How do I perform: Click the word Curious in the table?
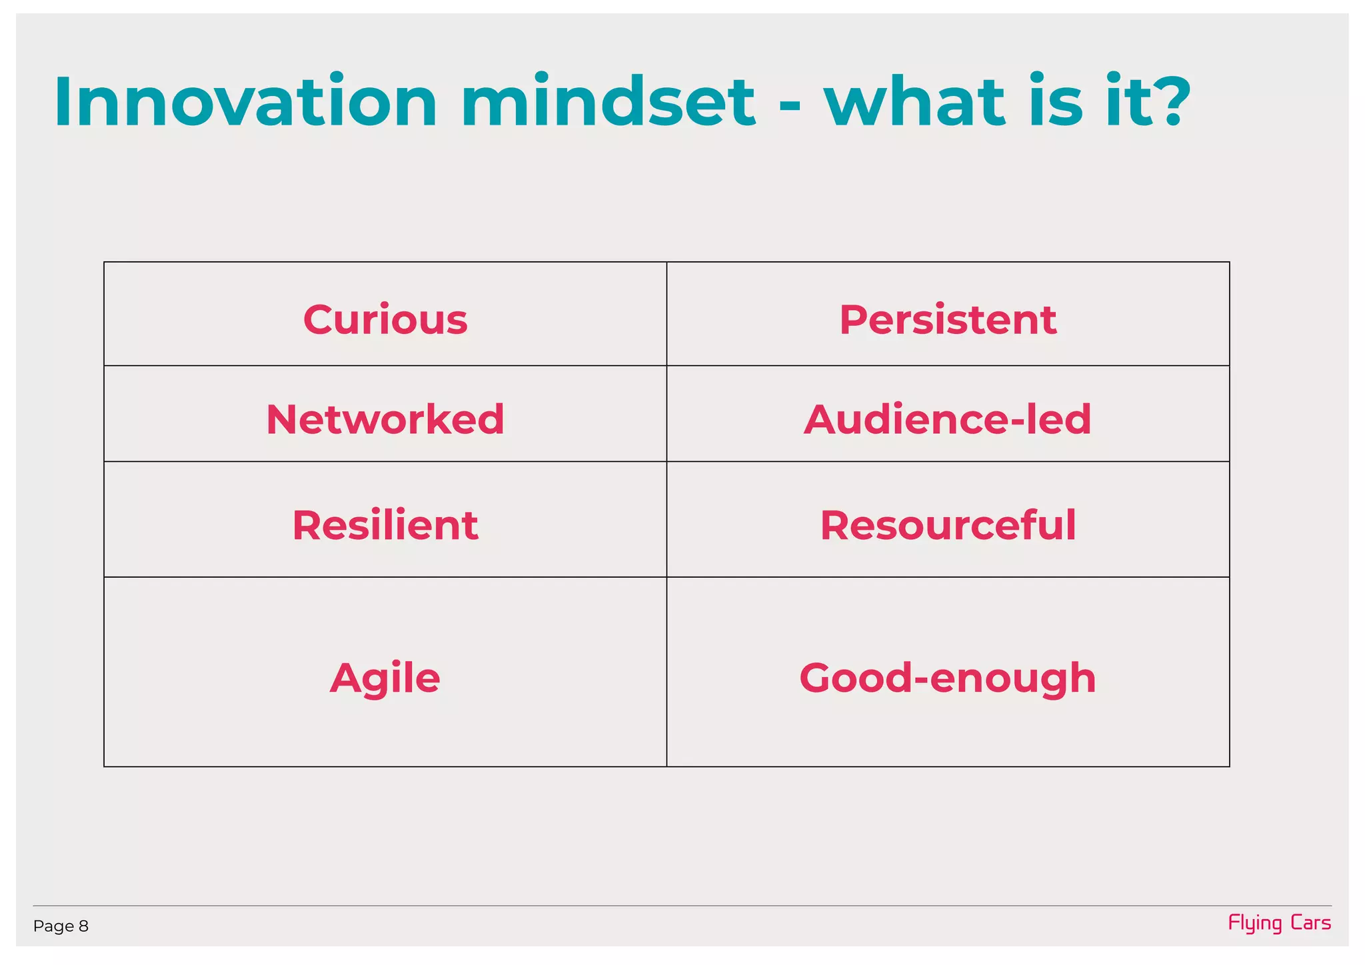click(x=385, y=320)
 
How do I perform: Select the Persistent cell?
click(x=947, y=320)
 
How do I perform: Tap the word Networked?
click(x=385, y=420)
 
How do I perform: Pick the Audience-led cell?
click(x=947, y=420)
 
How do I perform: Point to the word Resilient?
click(x=385, y=525)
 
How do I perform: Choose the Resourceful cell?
click(x=947, y=525)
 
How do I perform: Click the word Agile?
click(x=385, y=678)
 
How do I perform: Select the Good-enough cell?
click(x=947, y=678)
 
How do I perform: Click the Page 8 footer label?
click(x=61, y=926)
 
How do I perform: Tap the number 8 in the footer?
click(x=83, y=926)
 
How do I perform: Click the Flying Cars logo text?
click(x=1279, y=923)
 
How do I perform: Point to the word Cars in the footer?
click(x=1310, y=923)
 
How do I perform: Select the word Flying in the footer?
click(x=1255, y=924)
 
